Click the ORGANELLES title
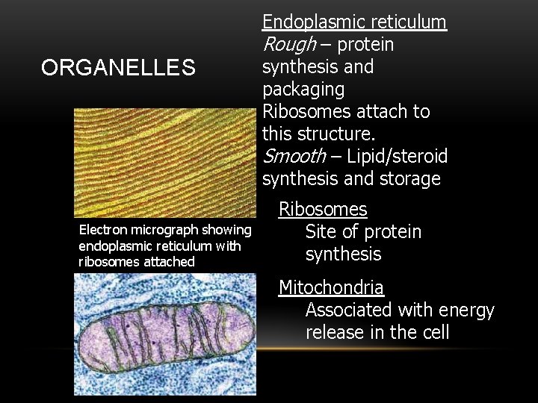[x=118, y=69]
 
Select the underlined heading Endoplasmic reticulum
[x=354, y=22]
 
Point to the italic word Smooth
[x=294, y=157]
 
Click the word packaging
[x=303, y=90]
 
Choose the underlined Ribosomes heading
[x=323, y=210]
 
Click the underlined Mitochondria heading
[x=331, y=287]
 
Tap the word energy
[x=467, y=310]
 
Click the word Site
[x=321, y=232]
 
